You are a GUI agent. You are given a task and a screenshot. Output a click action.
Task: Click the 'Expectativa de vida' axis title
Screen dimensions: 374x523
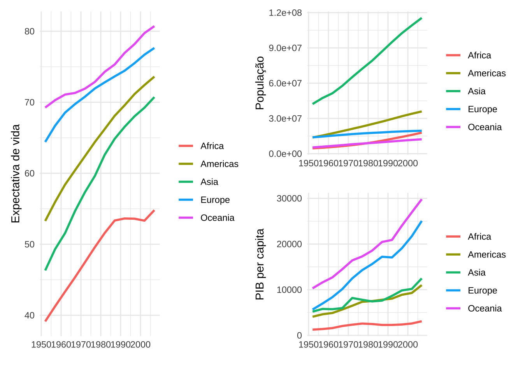(x=15, y=174)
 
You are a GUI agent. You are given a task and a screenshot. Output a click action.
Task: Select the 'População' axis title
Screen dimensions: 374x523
(x=260, y=83)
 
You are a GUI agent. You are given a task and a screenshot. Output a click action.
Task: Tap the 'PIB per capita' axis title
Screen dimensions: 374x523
(x=260, y=264)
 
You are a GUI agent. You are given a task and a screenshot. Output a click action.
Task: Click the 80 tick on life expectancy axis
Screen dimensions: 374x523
(x=30, y=32)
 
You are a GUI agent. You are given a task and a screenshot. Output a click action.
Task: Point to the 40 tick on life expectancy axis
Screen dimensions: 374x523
(x=30, y=315)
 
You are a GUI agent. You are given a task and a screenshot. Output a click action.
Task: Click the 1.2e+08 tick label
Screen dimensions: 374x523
(x=285, y=13)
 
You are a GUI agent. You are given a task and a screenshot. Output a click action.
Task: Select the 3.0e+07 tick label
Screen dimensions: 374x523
(x=285, y=118)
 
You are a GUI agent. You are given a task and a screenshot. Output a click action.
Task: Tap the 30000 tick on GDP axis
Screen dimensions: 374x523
(x=289, y=199)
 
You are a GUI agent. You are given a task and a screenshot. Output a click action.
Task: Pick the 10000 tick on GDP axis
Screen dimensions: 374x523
(x=289, y=290)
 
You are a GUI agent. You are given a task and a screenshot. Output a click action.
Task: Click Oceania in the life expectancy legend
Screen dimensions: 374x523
(x=217, y=218)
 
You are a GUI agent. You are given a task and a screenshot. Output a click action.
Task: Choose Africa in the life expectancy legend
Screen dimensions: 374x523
(x=212, y=146)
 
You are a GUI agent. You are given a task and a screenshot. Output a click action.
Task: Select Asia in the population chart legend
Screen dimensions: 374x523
(x=477, y=91)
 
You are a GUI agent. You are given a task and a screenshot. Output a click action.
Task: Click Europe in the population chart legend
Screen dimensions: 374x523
(x=483, y=109)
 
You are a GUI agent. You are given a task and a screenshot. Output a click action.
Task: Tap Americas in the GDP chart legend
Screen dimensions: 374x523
(x=487, y=254)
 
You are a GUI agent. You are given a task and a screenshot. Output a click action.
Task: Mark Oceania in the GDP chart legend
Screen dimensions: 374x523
(x=485, y=308)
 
